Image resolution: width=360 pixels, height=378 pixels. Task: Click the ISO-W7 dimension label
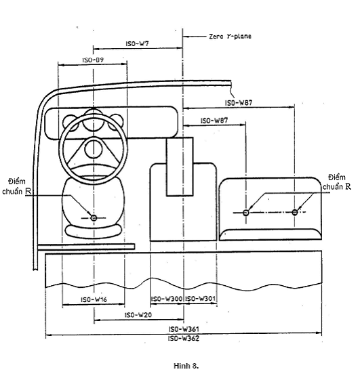(x=138, y=43)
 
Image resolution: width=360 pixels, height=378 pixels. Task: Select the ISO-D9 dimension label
(x=93, y=60)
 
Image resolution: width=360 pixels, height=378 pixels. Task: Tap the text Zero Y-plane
(x=231, y=36)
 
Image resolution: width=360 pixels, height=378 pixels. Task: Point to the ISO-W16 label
(x=94, y=299)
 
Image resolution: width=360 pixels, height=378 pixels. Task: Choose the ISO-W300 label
(x=167, y=299)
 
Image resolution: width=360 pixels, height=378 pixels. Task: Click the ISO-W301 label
(x=200, y=299)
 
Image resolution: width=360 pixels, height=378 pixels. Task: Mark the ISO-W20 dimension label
(x=138, y=315)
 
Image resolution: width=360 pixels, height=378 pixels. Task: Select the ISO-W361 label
(x=184, y=329)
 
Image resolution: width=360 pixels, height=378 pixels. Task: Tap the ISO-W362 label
(x=184, y=339)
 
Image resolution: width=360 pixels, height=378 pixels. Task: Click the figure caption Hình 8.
(x=186, y=366)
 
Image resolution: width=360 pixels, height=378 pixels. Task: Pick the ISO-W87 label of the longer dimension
(x=239, y=103)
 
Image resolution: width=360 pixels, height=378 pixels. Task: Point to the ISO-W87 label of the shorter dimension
(x=214, y=121)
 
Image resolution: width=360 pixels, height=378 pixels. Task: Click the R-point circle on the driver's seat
(x=94, y=218)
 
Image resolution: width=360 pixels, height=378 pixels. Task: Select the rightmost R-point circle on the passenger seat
(x=295, y=212)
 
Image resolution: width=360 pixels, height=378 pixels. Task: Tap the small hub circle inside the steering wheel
(x=94, y=149)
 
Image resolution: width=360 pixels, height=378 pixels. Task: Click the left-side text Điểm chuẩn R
(x=16, y=186)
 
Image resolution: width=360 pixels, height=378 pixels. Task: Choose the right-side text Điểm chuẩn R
(x=337, y=182)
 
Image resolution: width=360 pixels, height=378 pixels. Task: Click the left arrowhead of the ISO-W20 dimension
(x=96, y=320)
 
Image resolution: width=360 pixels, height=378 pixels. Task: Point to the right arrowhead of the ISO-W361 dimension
(x=319, y=333)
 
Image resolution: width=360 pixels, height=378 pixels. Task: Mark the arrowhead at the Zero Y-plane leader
(x=185, y=37)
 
